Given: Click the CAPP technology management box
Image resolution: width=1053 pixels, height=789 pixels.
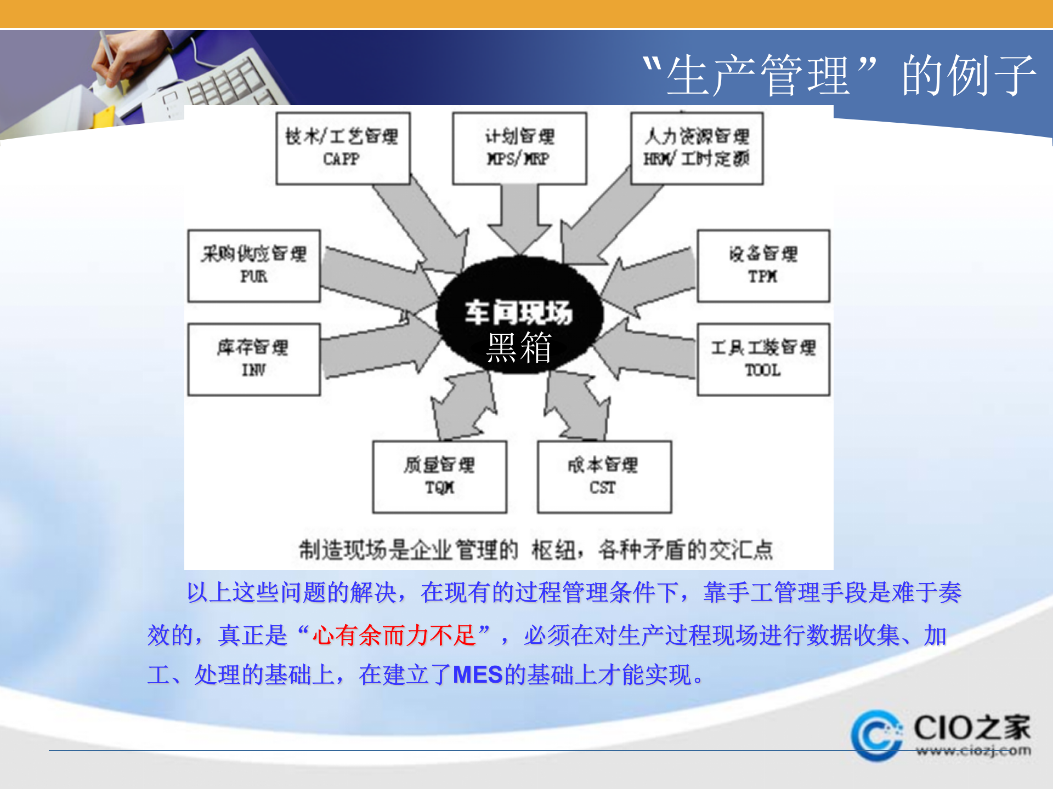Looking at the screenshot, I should click(x=343, y=148).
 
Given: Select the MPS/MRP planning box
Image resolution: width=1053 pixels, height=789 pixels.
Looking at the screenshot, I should click(x=519, y=148).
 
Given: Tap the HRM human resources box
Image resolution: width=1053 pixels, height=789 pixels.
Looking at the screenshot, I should click(x=697, y=148).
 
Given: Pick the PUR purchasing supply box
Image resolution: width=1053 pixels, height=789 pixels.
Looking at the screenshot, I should click(x=254, y=266).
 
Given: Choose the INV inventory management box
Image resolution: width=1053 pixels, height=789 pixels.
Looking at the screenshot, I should click(x=254, y=359).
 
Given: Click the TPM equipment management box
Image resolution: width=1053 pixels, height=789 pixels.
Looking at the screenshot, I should click(x=763, y=266).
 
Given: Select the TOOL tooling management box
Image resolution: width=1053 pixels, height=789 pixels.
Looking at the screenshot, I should click(x=763, y=359).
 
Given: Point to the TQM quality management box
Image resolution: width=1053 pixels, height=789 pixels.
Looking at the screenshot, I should click(x=439, y=477).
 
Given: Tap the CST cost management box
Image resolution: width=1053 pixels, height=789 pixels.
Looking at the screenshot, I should click(x=604, y=477).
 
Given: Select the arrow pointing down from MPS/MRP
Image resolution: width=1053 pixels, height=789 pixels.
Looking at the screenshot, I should click(x=519, y=219).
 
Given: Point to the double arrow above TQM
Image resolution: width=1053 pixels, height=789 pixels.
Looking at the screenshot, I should click(x=463, y=405).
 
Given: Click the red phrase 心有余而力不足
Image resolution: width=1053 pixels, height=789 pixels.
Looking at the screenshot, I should click(x=393, y=636).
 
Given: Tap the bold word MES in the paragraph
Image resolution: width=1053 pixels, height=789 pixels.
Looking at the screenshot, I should click(x=478, y=675).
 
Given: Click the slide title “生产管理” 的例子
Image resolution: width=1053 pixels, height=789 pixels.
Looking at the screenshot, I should click(x=839, y=76).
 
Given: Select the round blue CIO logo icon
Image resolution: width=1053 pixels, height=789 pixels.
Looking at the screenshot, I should click(x=877, y=736).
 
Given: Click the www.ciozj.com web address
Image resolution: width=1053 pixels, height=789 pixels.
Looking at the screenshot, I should click(x=973, y=751).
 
